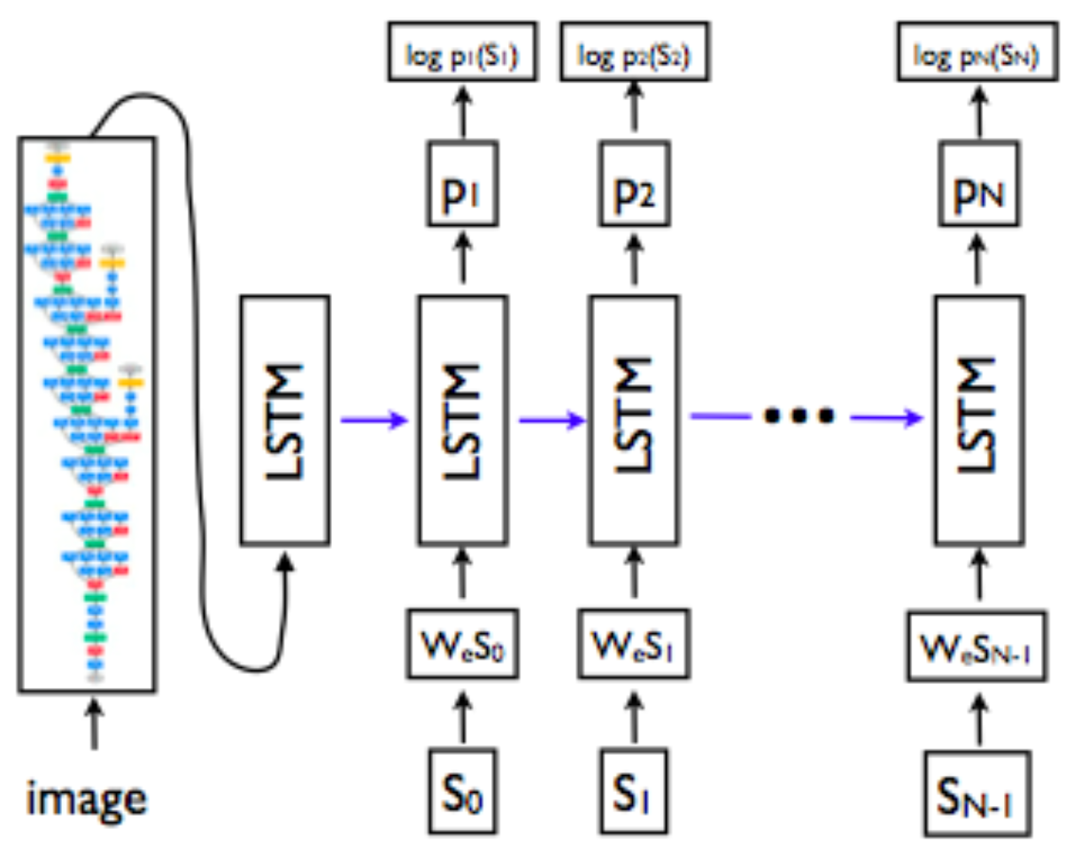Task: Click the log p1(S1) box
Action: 462,51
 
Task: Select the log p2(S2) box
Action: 634,51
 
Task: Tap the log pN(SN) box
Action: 977,51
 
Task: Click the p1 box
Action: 462,183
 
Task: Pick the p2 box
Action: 634,183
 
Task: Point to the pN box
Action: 978,183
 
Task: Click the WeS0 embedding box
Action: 462,644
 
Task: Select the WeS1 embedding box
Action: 634,644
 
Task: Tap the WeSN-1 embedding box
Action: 977,647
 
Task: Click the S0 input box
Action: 462,791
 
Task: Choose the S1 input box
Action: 633,791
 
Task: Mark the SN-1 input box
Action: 977,794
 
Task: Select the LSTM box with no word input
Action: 285,421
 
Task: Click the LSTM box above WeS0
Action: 462,421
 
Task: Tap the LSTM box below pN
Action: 979,421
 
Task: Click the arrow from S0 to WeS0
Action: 462,717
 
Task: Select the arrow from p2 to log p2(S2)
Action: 634,106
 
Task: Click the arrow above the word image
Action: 94,724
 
